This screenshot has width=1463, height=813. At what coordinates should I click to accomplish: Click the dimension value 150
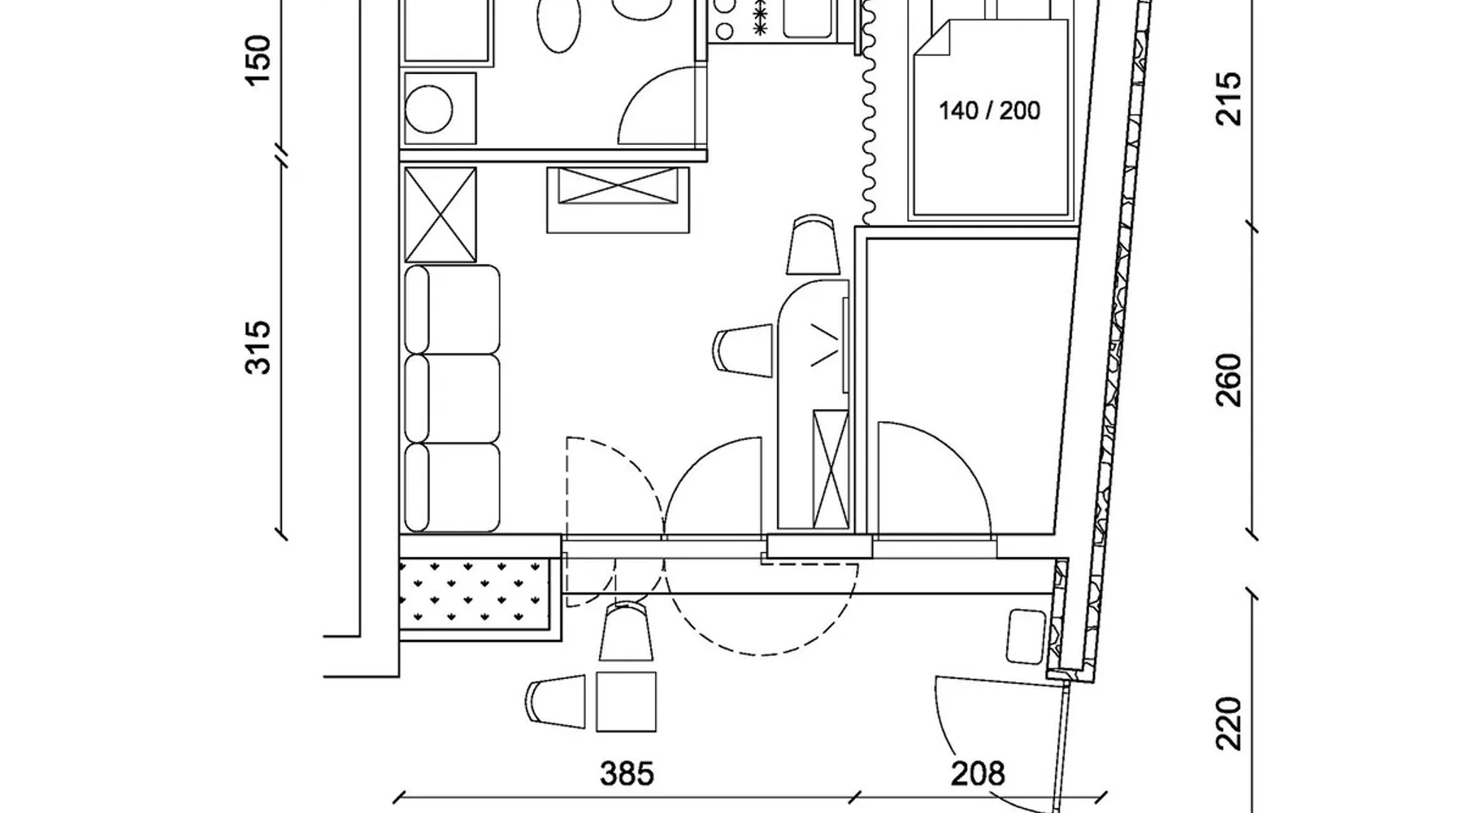tap(258, 60)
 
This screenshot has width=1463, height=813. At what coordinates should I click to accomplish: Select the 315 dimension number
tap(258, 347)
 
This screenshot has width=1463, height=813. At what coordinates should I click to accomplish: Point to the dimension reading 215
tap(1228, 98)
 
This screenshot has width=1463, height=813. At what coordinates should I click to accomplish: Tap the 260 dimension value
tap(1228, 380)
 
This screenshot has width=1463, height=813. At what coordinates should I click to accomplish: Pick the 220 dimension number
tap(1228, 723)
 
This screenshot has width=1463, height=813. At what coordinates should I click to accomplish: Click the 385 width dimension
tap(627, 774)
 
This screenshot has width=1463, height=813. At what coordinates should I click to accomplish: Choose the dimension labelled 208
tap(978, 774)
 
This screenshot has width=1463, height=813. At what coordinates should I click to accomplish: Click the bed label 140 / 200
tap(989, 111)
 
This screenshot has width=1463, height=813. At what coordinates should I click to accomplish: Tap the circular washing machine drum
tap(428, 109)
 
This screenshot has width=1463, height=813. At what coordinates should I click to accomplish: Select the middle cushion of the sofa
tap(452, 398)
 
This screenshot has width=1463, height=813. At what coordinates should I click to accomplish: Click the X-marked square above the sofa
tap(440, 215)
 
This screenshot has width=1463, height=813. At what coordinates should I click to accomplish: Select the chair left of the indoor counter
tap(742, 350)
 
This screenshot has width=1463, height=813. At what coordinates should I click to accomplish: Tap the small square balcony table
tap(626, 702)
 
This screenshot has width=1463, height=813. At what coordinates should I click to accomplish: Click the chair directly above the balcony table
tap(626, 632)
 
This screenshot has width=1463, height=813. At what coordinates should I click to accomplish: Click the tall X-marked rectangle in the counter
tap(831, 469)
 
